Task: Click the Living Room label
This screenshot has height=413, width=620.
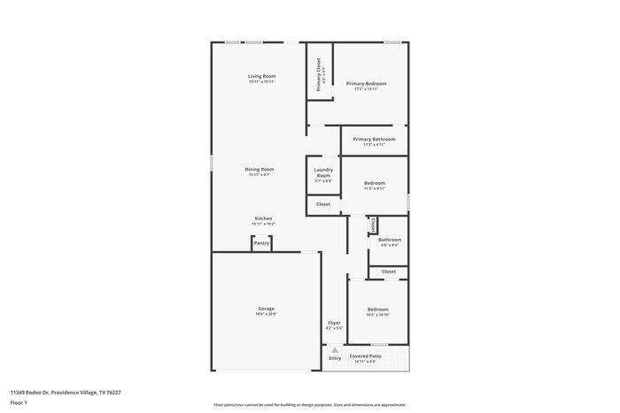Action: [261, 76]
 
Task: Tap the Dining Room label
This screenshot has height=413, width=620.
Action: [260, 169]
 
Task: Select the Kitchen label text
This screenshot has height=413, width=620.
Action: [263, 218]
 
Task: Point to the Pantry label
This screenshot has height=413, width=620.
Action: [261, 242]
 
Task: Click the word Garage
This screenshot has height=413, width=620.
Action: [266, 309]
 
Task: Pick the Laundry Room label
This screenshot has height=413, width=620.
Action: [323, 172]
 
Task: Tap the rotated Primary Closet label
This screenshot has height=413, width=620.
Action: [319, 74]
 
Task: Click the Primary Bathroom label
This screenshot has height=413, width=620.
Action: [374, 139]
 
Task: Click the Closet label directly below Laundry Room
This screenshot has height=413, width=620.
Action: [323, 204]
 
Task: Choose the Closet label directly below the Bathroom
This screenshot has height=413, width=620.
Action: [389, 272]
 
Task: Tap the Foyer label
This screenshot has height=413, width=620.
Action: [334, 323]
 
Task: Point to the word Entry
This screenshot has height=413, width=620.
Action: [334, 358]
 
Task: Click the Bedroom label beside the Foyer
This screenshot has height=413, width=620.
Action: [377, 310]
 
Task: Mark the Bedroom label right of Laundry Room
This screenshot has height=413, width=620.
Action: [374, 183]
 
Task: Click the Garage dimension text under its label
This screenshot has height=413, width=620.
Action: [266, 314]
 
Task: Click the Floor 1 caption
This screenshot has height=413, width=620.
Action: [19, 402]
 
